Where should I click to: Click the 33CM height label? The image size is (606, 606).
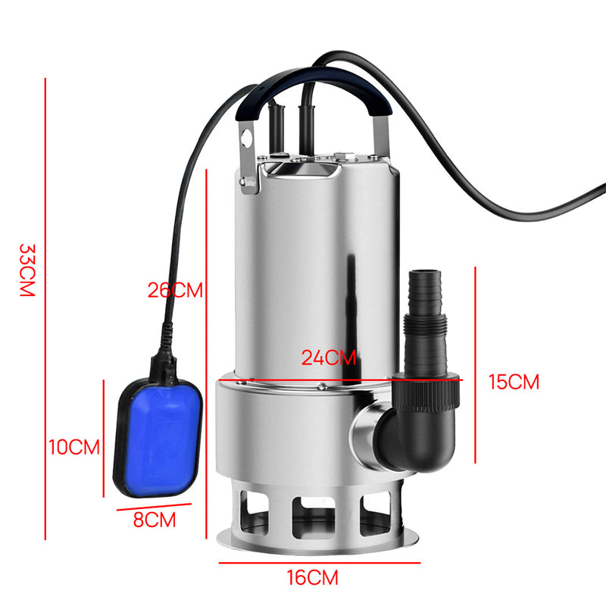coord(27,270)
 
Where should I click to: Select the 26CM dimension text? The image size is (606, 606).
coord(176,290)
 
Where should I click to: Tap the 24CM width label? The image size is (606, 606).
coord(329,358)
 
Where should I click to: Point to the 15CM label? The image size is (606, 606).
coord(514,382)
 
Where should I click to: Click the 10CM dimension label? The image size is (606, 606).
coord(74,447)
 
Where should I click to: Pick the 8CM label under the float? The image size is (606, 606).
coord(154,520)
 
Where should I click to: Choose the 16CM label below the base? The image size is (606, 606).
coord(312,578)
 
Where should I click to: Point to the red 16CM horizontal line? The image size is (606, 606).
coord(319,563)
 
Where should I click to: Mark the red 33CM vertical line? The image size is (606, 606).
coord(46,303)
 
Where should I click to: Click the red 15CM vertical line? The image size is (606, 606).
coord(475,364)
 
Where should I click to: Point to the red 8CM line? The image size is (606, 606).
coord(154,508)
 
